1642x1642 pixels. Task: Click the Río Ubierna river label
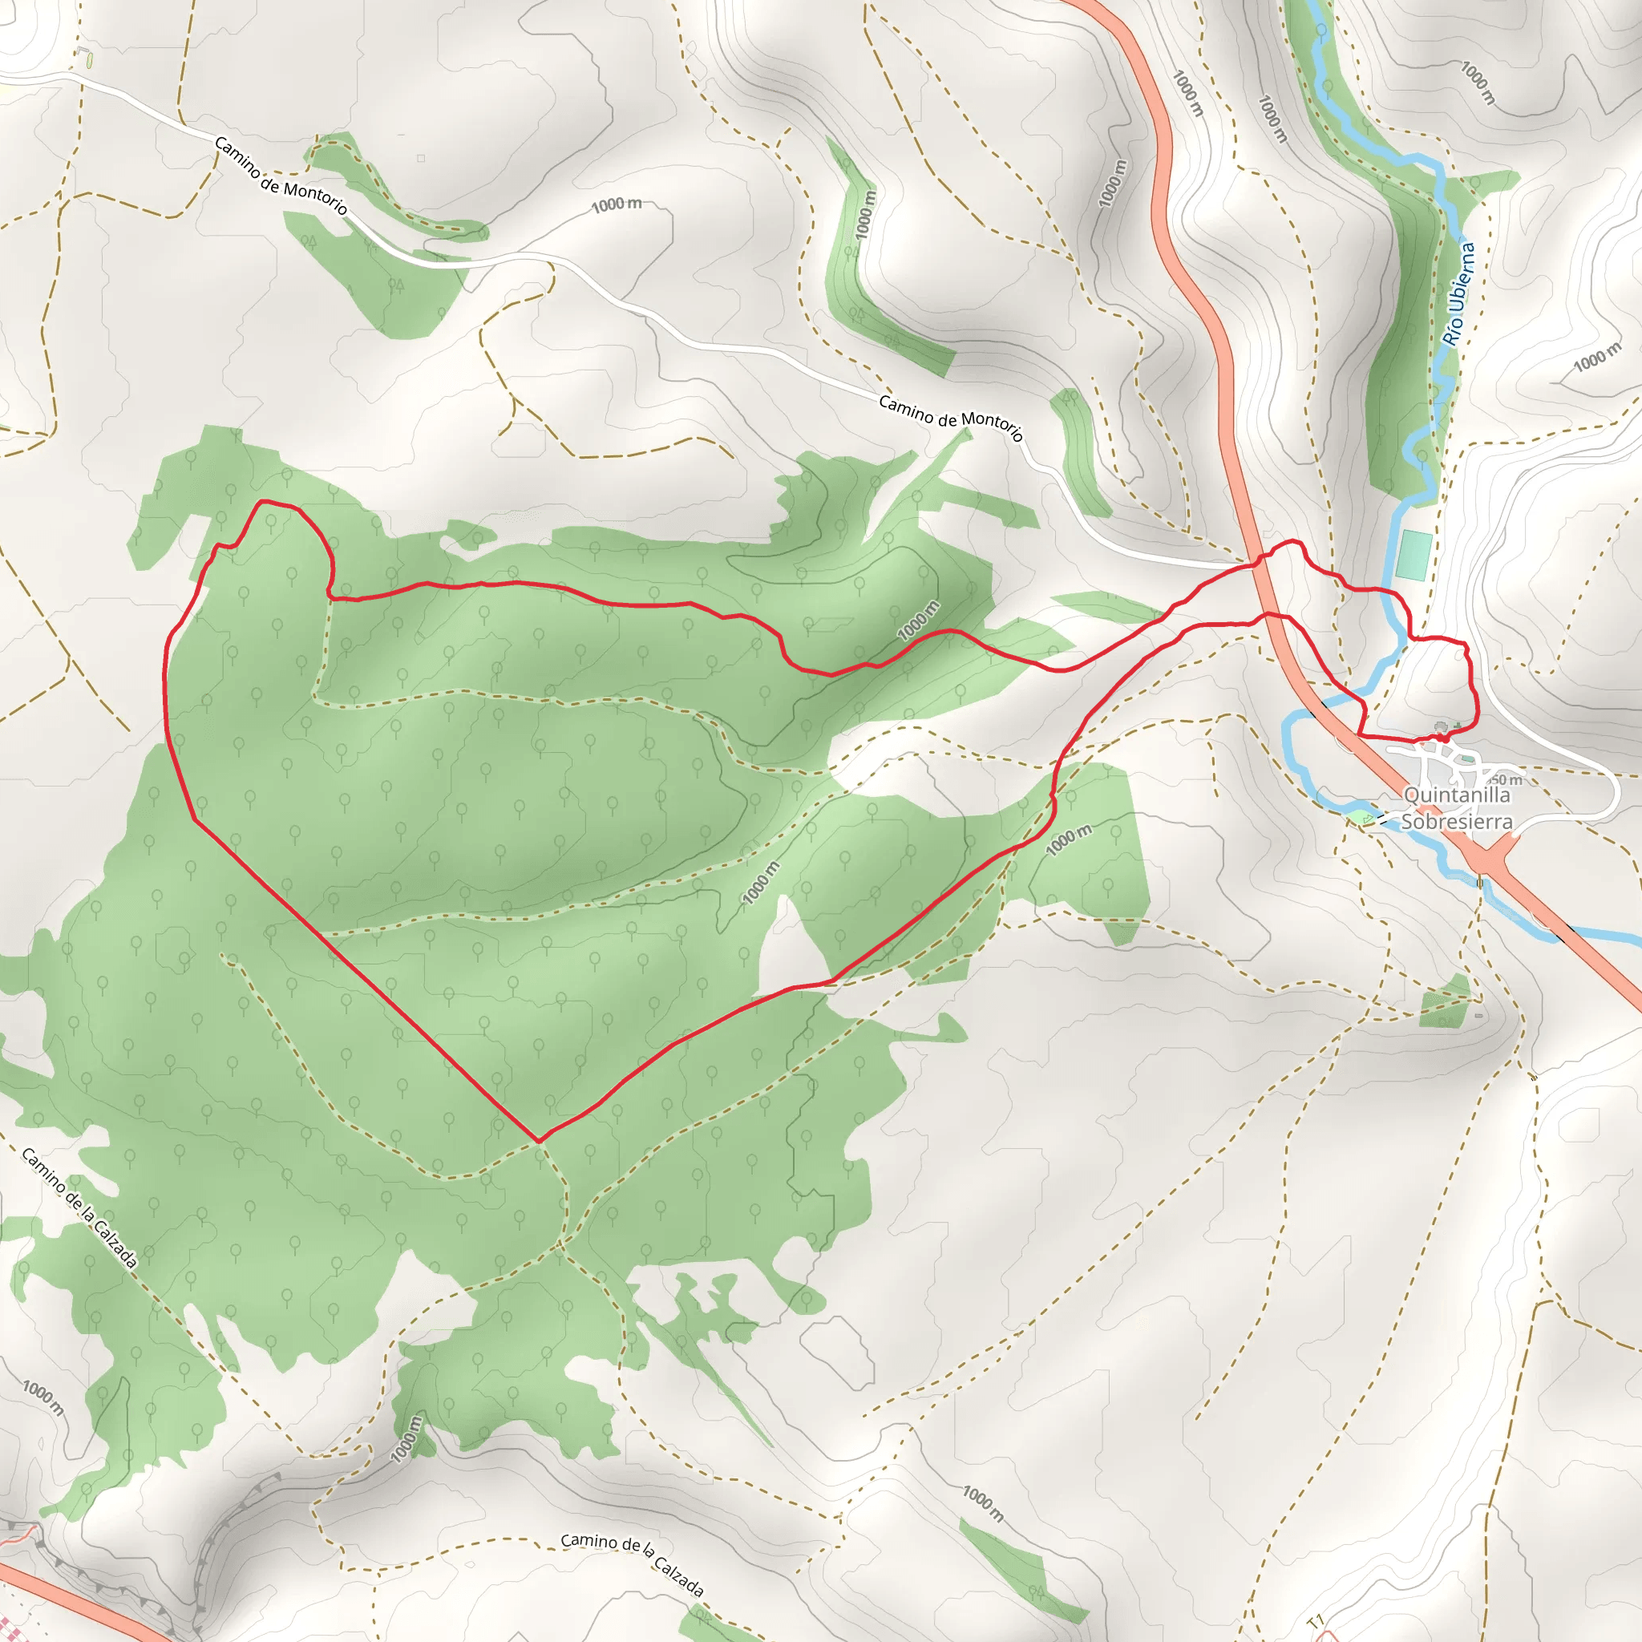1458,293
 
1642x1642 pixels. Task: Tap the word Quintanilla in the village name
1457,795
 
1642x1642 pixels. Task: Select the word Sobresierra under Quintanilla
1457,821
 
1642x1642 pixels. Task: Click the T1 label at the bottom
1316,1622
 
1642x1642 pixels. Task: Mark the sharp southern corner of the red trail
539,1141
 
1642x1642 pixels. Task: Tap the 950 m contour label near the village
1505,779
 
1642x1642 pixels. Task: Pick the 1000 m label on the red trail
919,620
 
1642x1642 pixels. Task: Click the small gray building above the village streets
1440,726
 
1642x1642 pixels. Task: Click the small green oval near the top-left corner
89,61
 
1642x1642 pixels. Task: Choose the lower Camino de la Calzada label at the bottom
633,1565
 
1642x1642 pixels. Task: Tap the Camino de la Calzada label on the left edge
79,1207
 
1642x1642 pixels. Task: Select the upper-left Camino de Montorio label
281,175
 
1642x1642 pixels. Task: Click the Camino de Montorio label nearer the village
950,417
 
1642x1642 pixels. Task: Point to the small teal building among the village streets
1470,759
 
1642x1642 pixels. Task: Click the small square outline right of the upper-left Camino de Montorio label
421,158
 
